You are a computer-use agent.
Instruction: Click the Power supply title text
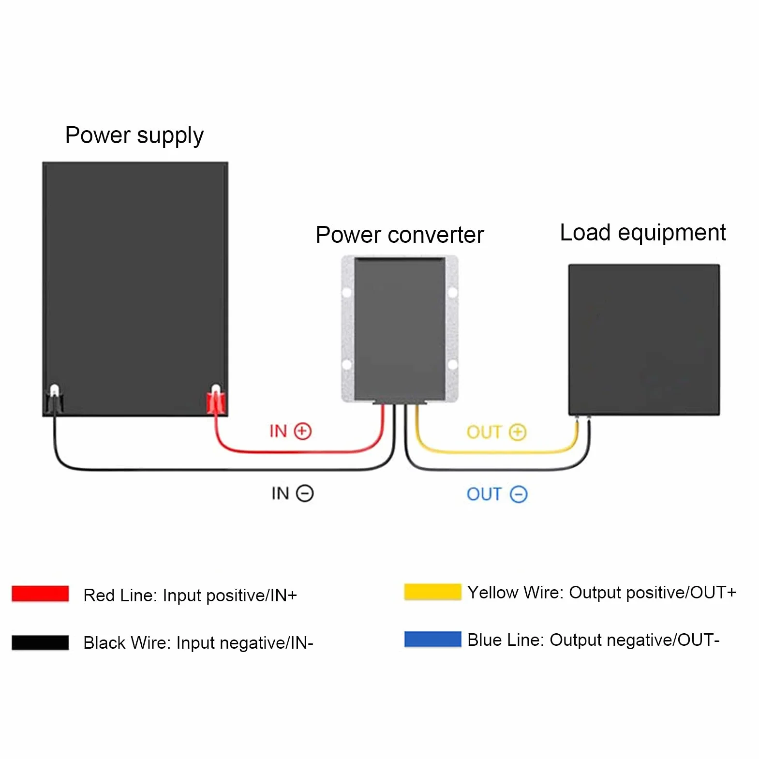134,136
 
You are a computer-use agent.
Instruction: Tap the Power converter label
400,235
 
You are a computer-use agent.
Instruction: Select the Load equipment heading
643,233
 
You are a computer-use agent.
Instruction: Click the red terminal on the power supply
216,401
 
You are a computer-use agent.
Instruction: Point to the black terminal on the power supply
54,401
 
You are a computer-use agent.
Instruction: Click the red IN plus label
290,431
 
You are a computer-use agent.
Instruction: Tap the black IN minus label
292,493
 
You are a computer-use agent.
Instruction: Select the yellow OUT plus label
496,432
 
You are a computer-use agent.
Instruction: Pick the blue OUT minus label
497,494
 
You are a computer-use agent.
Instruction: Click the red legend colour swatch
40,594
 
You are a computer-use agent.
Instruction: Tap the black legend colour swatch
40,642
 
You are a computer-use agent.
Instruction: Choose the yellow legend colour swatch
432,592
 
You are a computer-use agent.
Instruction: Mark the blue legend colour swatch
432,639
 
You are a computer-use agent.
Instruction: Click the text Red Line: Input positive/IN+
190,595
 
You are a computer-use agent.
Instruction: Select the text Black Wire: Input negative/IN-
198,643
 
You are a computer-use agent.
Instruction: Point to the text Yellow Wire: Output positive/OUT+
602,593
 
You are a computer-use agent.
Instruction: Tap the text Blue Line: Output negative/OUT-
594,640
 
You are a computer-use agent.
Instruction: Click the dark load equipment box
644,340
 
